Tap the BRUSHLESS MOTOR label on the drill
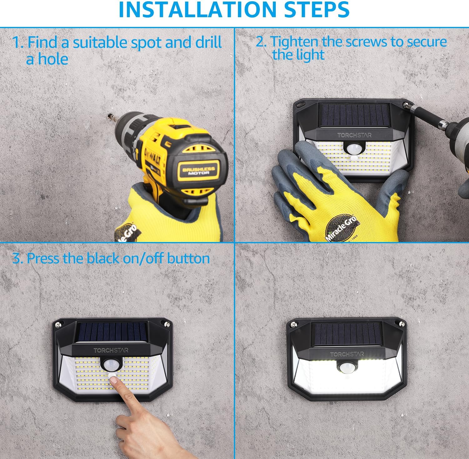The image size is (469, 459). (x=199, y=171)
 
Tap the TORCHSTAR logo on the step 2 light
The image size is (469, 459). (x=354, y=135)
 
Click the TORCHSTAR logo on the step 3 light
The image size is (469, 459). (x=111, y=350)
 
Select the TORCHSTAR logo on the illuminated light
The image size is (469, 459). (x=347, y=354)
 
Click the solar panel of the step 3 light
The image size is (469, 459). (x=111, y=333)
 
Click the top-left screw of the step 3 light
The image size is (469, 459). (x=58, y=325)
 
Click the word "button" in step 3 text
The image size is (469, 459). (x=188, y=259)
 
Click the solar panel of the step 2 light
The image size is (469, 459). (x=354, y=115)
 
